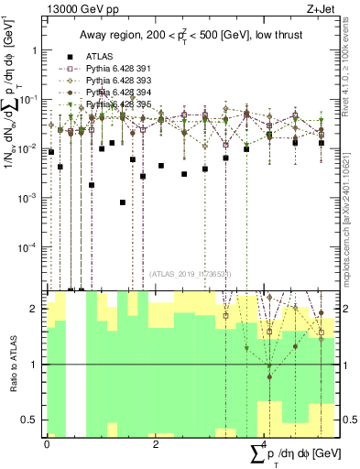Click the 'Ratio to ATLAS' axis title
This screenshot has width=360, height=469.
click(x=11, y=365)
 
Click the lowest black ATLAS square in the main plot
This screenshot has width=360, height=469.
click(x=123, y=202)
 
